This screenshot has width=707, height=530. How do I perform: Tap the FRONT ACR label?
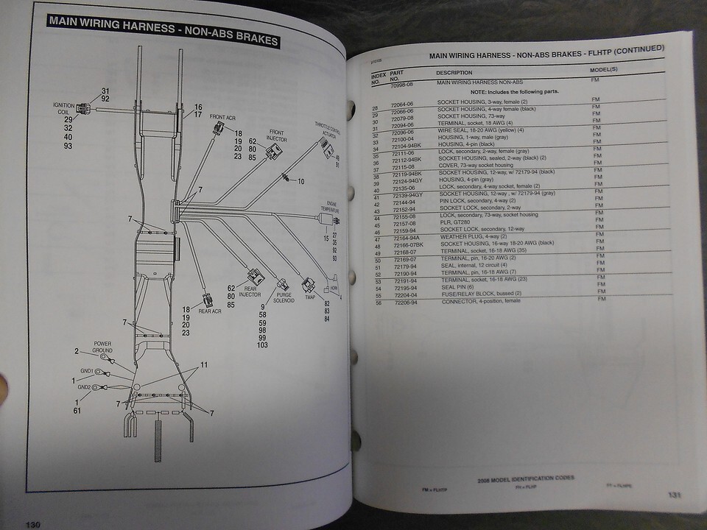222,117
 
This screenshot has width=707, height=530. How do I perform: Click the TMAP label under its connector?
309,297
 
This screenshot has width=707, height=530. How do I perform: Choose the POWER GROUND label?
103,347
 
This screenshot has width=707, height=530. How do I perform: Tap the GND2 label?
85,386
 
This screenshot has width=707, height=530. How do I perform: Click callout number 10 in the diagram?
300,180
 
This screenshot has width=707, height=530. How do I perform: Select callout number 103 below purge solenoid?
262,345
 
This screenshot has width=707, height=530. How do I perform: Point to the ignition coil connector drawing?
84,110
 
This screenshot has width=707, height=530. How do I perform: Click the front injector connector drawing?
273,152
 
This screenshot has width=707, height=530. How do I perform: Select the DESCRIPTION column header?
454,73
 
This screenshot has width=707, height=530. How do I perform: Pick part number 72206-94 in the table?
405,303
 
